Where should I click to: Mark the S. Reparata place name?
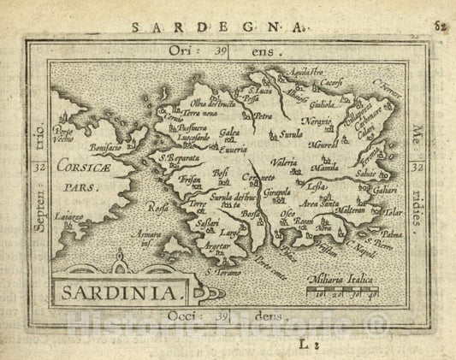(x=178, y=158)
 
